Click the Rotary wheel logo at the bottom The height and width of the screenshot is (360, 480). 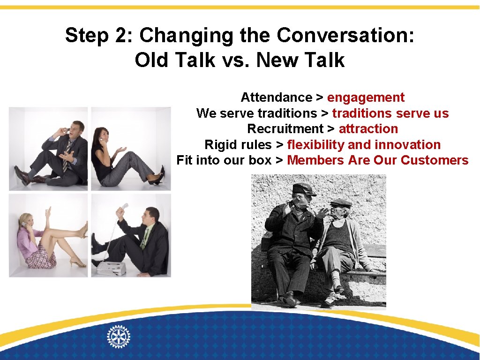pos(119,336)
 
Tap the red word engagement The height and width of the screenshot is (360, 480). pos(366,97)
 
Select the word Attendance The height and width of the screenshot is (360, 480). pos(276,97)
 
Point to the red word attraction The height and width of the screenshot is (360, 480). pos(368,129)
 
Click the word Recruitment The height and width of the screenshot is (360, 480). pos(285,129)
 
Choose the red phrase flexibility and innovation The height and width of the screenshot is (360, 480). pos(364,145)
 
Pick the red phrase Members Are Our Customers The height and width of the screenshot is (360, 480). pos(377,160)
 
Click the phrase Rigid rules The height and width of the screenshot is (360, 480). pos(238,145)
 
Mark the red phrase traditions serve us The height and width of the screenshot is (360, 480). pos(390,113)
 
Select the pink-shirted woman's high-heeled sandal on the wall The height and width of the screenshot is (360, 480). pos(84,230)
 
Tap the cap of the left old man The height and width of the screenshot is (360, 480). pos(304,188)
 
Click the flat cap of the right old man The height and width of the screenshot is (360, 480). pos(341,203)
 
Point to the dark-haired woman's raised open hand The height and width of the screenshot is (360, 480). pos(121,150)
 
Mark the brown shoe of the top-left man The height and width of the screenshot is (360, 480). pos(21,175)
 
